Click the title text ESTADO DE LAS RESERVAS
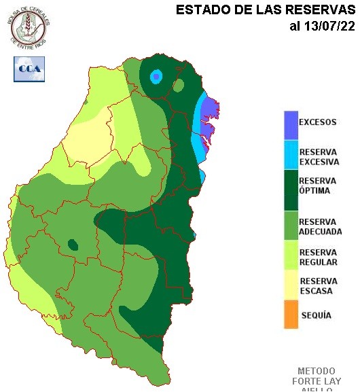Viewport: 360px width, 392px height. point(265,10)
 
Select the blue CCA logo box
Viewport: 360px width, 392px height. point(29,69)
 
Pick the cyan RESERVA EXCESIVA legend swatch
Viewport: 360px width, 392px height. point(291,155)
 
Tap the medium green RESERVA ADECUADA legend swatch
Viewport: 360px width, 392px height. point(291,226)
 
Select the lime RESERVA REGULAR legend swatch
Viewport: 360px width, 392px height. point(291,257)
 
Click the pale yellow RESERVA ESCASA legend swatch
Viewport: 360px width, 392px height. point(291,286)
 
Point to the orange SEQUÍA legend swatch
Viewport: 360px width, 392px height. point(291,315)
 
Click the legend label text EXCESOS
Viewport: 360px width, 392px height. point(318,123)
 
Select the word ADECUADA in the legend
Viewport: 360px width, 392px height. point(320,232)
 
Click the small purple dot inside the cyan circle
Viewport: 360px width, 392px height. point(157,77)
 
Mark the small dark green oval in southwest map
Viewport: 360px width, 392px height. point(72,245)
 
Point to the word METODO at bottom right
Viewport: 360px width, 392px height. point(317,372)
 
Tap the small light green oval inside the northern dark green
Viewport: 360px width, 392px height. point(179,86)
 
